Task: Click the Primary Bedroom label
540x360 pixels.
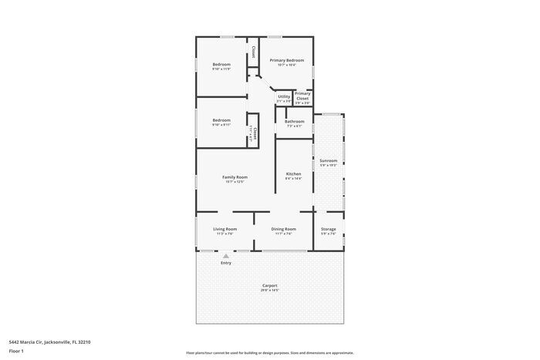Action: [286, 60]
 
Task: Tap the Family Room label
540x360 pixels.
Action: [235, 177]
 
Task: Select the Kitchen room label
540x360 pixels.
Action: [293, 173]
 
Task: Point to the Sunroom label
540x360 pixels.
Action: [329, 160]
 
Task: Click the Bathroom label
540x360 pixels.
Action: [294, 121]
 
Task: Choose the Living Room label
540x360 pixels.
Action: [224, 229]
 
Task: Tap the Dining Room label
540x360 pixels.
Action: [283, 229]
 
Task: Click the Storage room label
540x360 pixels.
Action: [329, 229]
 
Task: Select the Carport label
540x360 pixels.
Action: [269, 285]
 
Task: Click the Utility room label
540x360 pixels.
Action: [284, 96]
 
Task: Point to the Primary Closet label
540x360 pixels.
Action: [302, 96]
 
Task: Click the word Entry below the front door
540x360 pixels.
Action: [226, 263]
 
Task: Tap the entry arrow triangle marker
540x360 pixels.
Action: [226, 255]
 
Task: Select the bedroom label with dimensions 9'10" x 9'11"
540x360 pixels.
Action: [222, 120]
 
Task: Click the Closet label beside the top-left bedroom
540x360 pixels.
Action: [253, 52]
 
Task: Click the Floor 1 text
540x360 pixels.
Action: [16, 352]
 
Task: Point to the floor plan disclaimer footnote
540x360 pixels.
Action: [269, 352]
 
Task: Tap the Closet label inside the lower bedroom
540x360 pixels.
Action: [253, 131]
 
